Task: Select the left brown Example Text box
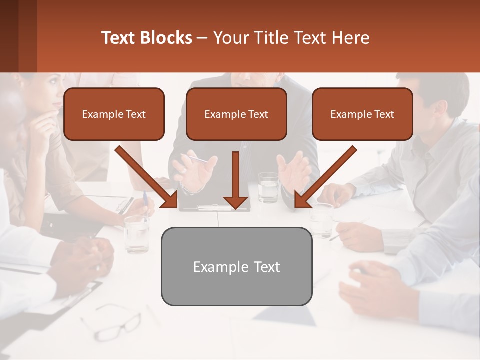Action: pyautogui.click(x=114, y=114)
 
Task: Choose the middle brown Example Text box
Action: pyautogui.click(x=236, y=114)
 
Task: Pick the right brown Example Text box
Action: pyautogui.click(x=362, y=114)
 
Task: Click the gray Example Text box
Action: pyautogui.click(x=236, y=266)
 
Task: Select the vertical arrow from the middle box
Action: pyautogui.click(x=236, y=180)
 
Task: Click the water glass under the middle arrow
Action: pyautogui.click(x=268, y=187)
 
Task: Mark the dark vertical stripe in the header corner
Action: pyautogui.click(x=28, y=36)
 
